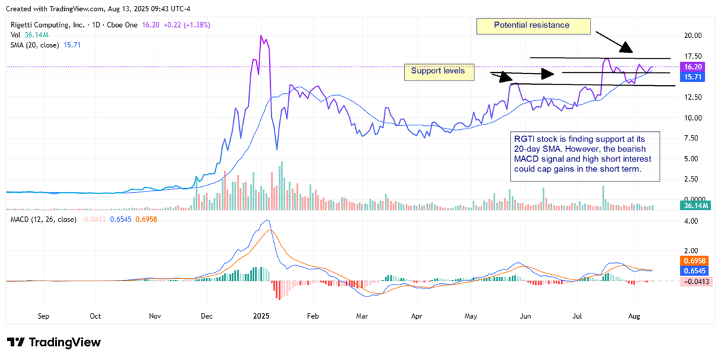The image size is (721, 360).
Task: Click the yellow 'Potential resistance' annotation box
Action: (x=532, y=26)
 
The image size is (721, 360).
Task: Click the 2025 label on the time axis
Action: (x=261, y=315)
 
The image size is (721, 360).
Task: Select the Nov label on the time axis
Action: (x=155, y=315)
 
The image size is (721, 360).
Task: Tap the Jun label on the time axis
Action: (x=524, y=315)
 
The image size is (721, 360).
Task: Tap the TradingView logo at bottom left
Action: (x=54, y=342)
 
